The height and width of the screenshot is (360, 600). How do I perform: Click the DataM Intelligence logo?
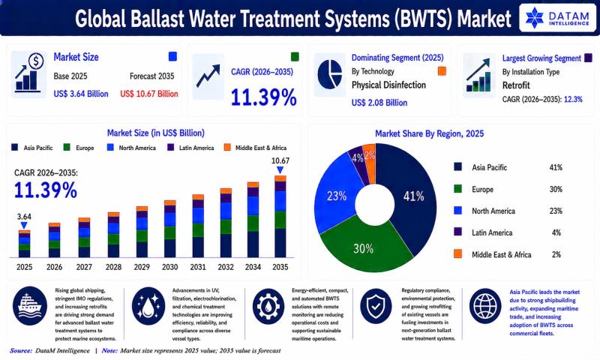pyautogui.click(x=557, y=17)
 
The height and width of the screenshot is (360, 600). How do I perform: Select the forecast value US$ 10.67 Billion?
pyautogui.click(x=149, y=94)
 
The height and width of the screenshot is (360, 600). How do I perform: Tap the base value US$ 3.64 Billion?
pyautogui.click(x=81, y=94)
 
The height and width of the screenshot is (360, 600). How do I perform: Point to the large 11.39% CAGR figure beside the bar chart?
pyautogui.click(x=46, y=190)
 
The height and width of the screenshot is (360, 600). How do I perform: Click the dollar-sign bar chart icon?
pyautogui.click(x=28, y=73)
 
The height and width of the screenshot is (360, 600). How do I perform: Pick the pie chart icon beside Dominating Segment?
pyautogui.click(x=330, y=74)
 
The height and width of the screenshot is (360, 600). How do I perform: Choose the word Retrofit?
pyautogui.click(x=516, y=85)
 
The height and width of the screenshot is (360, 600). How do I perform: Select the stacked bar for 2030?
pyautogui.click(x=170, y=229)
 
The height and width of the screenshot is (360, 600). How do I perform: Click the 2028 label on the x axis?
pyautogui.click(x=114, y=267)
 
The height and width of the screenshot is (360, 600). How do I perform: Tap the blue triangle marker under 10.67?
pyautogui.click(x=280, y=169)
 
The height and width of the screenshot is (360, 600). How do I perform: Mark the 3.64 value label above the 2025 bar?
pyautogui.click(x=24, y=216)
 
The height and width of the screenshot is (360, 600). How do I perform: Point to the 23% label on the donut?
pyautogui.click(x=337, y=196)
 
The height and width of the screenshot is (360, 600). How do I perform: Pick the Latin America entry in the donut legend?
pyautogui.click(x=492, y=232)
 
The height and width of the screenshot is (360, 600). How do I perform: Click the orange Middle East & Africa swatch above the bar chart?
pyautogui.click(x=227, y=147)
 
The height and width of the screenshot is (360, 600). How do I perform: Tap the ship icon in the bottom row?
pyautogui.click(x=30, y=306)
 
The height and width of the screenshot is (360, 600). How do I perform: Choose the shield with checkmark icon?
pyautogui.click(x=376, y=306)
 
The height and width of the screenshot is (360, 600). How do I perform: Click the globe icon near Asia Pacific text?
pyautogui.click(x=484, y=306)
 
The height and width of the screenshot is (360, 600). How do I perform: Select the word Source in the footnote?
pyautogui.click(x=21, y=350)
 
